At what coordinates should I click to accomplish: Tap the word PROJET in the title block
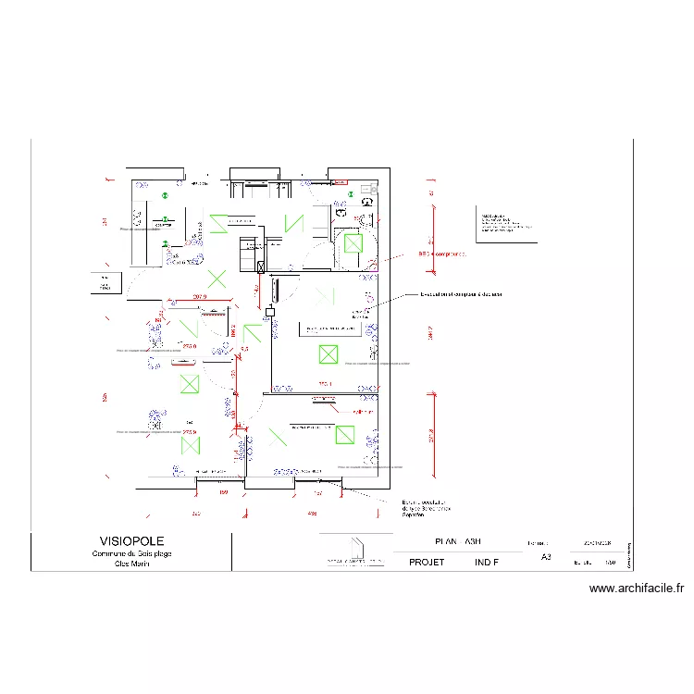pos(427,562)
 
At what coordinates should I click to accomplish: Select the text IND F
pos(487,562)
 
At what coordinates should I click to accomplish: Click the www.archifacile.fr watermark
pos(636,588)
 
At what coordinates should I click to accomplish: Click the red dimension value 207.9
pos(199,297)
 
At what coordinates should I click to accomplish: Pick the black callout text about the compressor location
pos(461,294)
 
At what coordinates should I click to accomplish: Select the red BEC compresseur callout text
pos(442,254)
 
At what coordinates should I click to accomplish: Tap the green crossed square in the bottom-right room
pos(346,435)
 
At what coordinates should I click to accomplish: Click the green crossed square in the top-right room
pos(353,243)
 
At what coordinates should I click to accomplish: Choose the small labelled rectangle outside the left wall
pos(105,283)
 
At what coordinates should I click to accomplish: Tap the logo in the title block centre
pos(353,550)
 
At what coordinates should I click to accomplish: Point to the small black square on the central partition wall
pos(270,312)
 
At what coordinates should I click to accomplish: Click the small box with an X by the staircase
pos(261,266)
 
